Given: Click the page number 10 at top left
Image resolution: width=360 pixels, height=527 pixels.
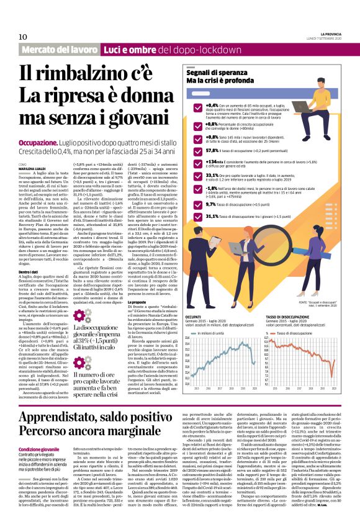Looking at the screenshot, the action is [24, 37].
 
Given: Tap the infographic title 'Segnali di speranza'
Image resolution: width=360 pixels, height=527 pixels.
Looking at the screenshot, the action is [214, 73].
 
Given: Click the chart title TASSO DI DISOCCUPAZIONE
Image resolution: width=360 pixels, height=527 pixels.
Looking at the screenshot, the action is [289, 317].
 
